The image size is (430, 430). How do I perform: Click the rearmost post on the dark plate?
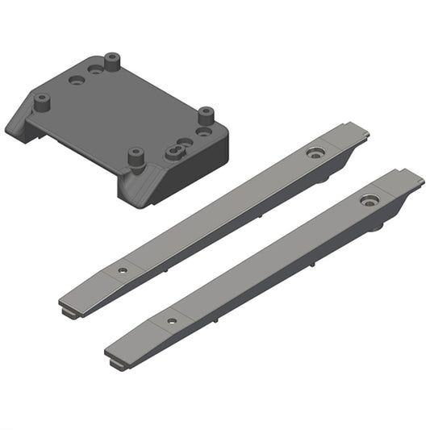tap(111, 60)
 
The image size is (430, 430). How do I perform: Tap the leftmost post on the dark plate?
tap(44, 101)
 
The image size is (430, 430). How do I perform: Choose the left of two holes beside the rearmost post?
tap(77, 81)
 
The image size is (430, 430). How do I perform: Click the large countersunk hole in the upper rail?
tap(314, 152)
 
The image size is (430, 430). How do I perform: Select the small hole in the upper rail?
tap(123, 270)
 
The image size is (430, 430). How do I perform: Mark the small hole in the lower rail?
tap(171, 320)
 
